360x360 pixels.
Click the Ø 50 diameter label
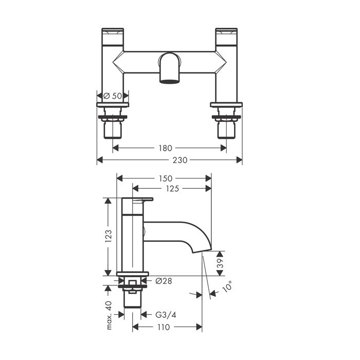pyautogui.click(x=113, y=96)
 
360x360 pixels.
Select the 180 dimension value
pyautogui.click(x=165, y=148)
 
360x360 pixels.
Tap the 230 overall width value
pyautogui.click(x=180, y=160)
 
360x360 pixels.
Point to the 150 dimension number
pyautogui.click(x=165, y=178)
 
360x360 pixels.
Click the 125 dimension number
pyautogui.click(x=172, y=189)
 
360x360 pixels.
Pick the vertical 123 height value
pyautogui.click(x=108, y=236)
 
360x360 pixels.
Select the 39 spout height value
pyautogui.click(x=220, y=263)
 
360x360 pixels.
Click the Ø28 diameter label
pyautogui.click(x=164, y=281)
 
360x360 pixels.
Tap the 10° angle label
pyautogui.click(x=227, y=286)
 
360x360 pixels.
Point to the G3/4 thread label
pyautogui.click(x=166, y=315)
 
